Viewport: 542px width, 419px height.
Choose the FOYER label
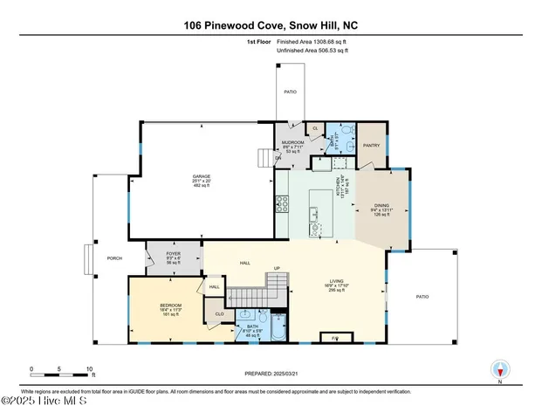pos(173,254)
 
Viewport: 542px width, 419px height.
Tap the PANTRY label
pos(370,146)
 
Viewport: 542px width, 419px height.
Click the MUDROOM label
pos(292,142)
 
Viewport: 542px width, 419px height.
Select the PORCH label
pos(113,258)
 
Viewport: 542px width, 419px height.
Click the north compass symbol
pos(500,370)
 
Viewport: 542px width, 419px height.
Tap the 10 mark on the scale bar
pos(88,369)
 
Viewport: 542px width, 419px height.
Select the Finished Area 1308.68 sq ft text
pos(312,42)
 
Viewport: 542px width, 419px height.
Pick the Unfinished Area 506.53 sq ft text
pos(312,52)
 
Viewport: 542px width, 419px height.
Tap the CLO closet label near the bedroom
pos(220,313)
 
